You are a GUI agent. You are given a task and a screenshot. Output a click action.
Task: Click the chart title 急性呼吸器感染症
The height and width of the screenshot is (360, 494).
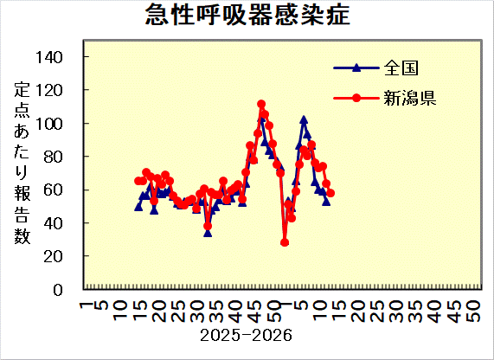(247, 16)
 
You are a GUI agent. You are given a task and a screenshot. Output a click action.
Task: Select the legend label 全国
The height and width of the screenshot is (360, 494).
(399, 67)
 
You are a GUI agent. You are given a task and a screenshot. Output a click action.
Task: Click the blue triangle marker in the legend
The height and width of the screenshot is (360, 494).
(356, 67)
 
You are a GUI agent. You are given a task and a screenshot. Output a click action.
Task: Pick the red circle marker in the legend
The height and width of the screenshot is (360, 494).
(356, 97)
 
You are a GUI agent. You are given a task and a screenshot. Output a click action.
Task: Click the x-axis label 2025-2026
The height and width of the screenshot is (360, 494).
(246, 334)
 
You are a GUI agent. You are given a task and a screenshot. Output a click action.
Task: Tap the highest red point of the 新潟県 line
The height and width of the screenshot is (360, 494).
(261, 104)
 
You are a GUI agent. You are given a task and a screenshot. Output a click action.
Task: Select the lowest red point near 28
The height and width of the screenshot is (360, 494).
(285, 242)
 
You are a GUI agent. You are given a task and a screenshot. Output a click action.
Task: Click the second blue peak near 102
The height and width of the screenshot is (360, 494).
(304, 119)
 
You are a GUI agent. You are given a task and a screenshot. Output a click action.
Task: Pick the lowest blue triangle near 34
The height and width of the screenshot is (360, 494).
(208, 232)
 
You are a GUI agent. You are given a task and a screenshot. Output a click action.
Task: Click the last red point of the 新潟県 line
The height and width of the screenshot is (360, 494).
(330, 193)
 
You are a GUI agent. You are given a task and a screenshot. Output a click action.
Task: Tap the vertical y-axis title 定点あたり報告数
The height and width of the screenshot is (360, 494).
(22, 164)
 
